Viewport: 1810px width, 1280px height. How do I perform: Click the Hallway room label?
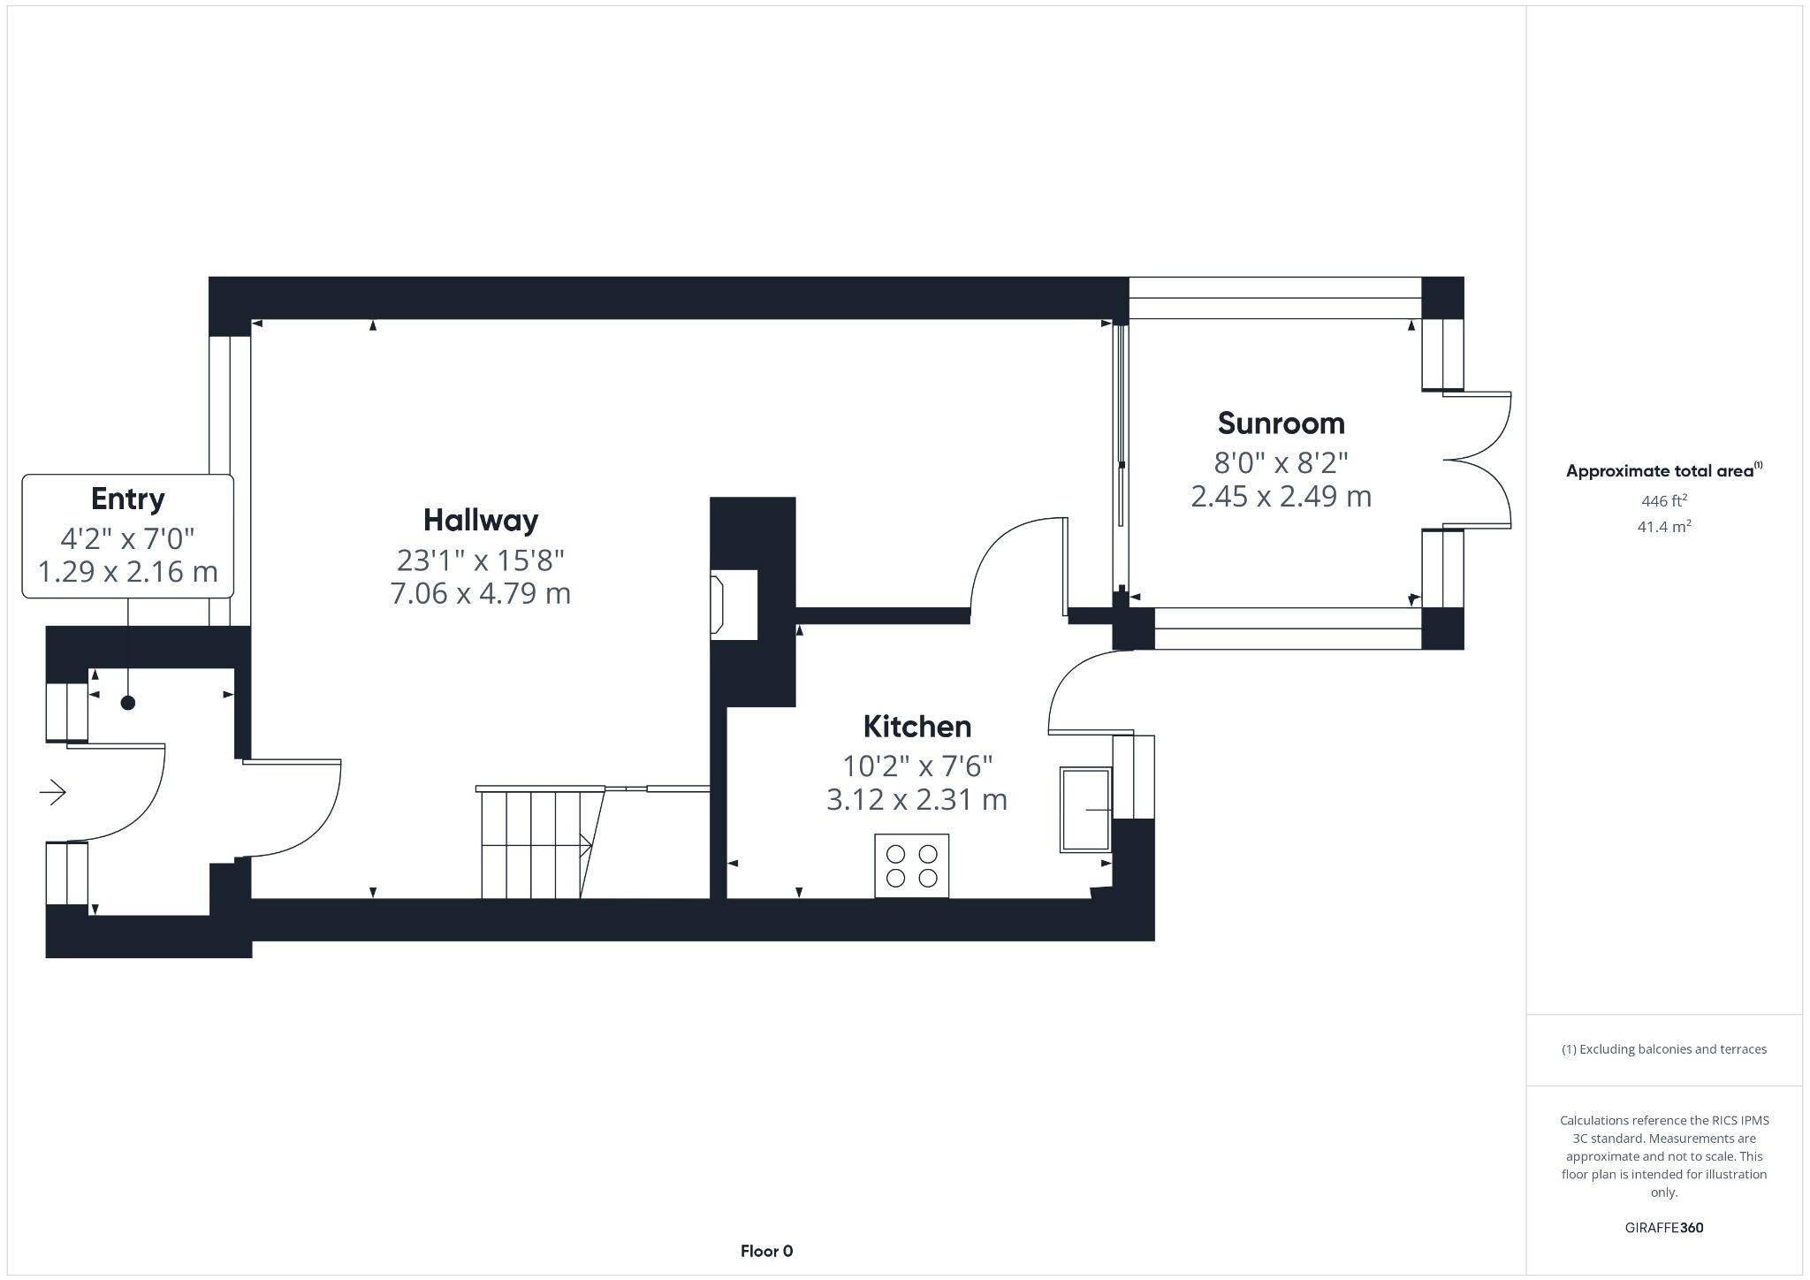point(481,520)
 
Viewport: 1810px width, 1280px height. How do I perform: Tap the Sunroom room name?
point(1281,423)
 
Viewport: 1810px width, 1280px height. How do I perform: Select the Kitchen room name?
point(916,727)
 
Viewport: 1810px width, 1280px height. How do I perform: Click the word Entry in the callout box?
point(127,499)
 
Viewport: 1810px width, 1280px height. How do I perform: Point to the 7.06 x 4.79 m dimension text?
point(481,593)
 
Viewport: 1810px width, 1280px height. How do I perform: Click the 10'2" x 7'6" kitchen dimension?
point(916,765)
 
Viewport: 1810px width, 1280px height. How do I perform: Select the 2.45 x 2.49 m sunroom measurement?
point(1281,497)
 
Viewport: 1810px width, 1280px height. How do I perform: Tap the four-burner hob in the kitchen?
point(911,865)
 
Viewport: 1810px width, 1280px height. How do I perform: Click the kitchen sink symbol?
point(1085,810)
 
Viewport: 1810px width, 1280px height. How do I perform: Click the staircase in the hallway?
point(535,844)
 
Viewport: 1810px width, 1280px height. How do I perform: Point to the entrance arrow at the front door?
point(53,792)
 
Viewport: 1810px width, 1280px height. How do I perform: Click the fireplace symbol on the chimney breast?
point(719,605)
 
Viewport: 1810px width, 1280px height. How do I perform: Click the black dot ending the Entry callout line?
point(128,703)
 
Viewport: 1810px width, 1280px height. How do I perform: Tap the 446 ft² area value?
point(1663,501)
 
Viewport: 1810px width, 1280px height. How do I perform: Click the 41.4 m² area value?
point(1663,527)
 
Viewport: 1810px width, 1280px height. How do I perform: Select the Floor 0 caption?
point(766,1251)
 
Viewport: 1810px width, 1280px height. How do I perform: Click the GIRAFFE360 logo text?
point(1663,1228)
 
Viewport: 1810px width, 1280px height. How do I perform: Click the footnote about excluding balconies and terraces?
point(1663,1049)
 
